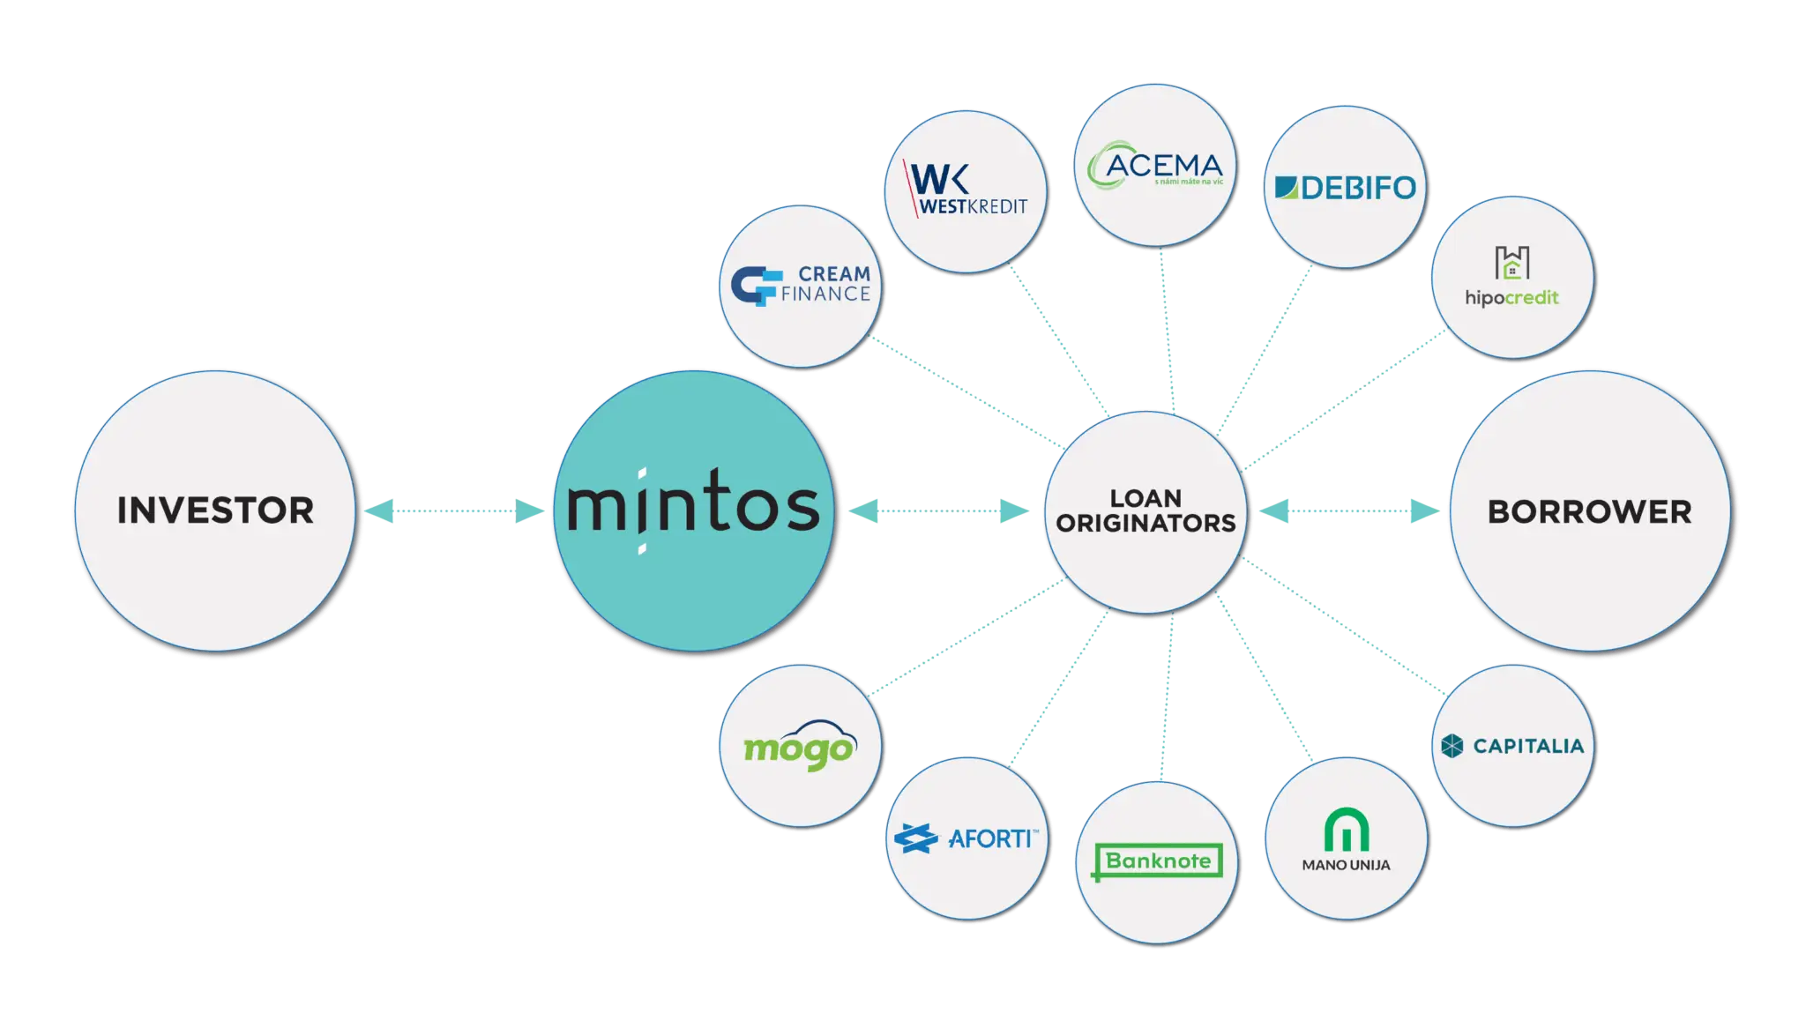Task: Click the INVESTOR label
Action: (215, 510)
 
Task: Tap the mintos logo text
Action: (693, 509)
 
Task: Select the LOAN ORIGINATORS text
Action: (1146, 511)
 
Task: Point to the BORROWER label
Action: (1589, 512)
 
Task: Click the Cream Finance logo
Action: (801, 285)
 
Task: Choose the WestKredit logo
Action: (966, 190)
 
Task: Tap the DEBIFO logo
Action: (1345, 187)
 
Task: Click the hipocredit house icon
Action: (1511, 262)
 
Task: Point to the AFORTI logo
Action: (966, 838)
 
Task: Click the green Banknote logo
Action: (1158, 861)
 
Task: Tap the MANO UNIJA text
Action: (1346, 866)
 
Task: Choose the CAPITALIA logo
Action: (1512, 746)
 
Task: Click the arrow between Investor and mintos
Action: (454, 510)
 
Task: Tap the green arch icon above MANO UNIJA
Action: (1346, 830)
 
